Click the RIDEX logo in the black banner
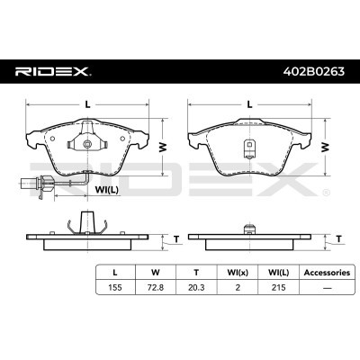point(53,71)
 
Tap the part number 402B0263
point(314,71)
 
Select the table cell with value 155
point(115,287)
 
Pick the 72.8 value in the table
point(156,287)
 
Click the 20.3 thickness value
point(196,287)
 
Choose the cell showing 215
point(278,287)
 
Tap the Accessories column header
point(327,273)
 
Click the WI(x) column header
point(238,273)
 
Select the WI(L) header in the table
point(278,273)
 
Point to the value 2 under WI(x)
point(238,287)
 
